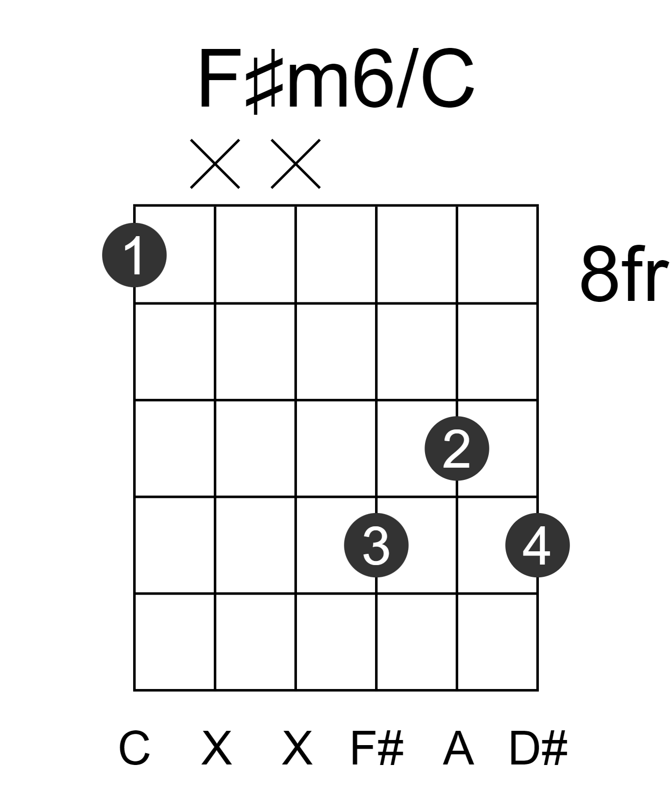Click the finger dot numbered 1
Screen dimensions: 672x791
(x=134, y=255)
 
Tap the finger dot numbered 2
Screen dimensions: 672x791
(x=457, y=448)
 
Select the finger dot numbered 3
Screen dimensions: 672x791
(x=377, y=545)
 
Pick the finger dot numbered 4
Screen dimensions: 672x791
(x=538, y=545)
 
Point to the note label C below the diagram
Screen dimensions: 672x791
(x=134, y=748)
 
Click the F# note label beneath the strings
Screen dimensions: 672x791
(x=377, y=748)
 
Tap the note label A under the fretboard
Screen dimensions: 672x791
(x=458, y=748)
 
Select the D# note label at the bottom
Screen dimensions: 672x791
(x=539, y=748)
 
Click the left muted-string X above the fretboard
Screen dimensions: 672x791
(x=215, y=164)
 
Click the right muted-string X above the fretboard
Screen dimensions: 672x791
(x=295, y=164)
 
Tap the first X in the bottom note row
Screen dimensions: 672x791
(x=217, y=748)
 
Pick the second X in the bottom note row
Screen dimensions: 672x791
(x=297, y=748)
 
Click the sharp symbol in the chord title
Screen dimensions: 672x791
(x=264, y=81)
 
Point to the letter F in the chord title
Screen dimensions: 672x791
(x=220, y=79)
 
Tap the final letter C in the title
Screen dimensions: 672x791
(x=448, y=79)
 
